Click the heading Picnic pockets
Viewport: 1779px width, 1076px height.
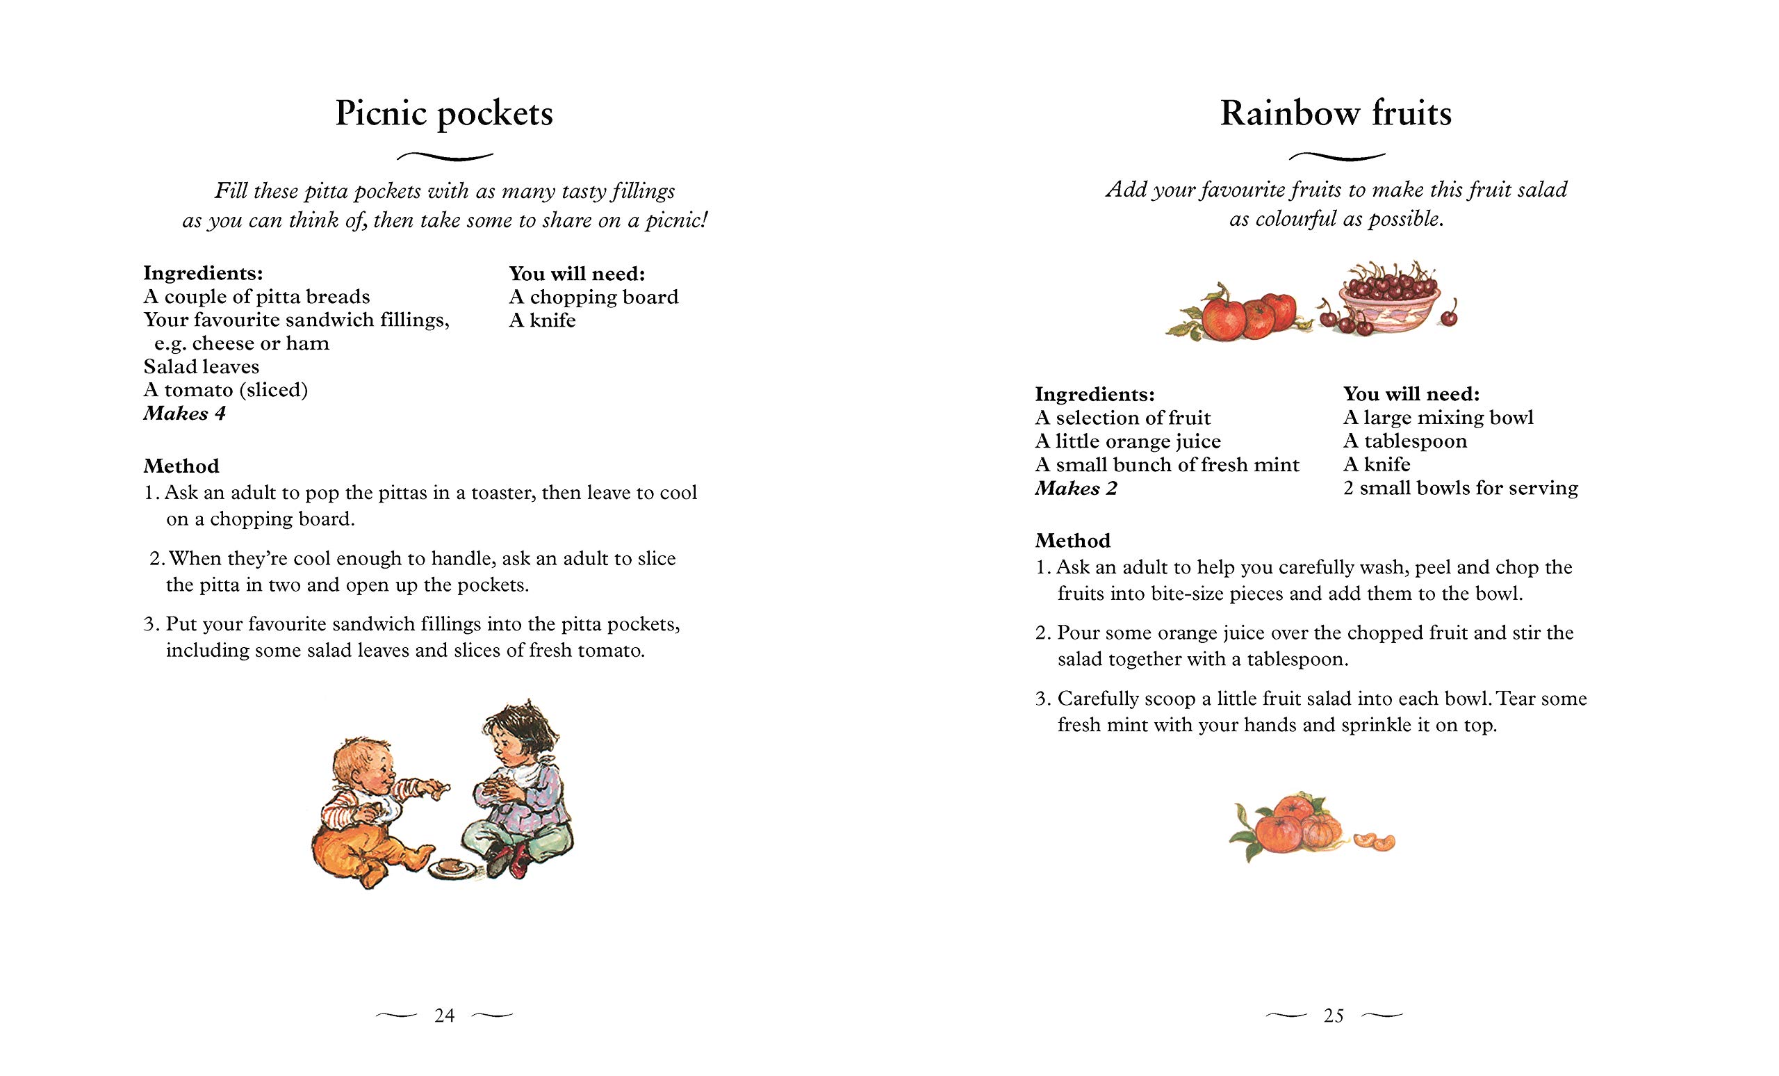pos(444,113)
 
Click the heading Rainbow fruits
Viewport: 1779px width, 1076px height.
pos(1336,113)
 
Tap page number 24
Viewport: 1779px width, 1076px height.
pos(444,1016)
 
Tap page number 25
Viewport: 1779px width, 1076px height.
pos(1334,1016)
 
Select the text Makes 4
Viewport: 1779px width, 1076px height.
pos(185,413)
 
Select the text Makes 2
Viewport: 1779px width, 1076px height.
pos(1076,488)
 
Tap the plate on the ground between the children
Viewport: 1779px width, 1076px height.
pos(451,867)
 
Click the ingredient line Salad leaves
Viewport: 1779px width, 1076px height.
pos(202,366)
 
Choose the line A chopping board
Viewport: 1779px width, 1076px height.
pos(593,297)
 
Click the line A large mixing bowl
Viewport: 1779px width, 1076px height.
pos(1438,417)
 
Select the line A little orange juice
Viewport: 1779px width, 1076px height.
pos(1128,441)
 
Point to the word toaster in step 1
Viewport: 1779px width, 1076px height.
pos(502,493)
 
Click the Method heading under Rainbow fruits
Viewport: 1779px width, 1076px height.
pos(1073,540)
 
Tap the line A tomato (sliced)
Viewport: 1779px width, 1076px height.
pos(226,390)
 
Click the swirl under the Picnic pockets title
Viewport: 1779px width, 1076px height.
pos(445,156)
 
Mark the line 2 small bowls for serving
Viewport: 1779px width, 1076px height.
pos(1461,488)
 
